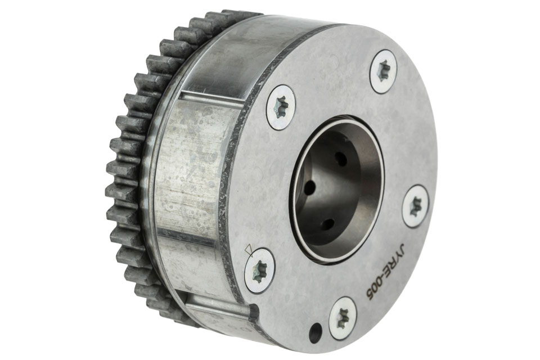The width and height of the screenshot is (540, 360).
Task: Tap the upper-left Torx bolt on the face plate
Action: tap(282, 107)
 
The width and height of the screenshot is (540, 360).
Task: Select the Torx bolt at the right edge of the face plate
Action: tap(417, 206)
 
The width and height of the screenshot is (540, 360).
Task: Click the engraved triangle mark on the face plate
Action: tap(248, 250)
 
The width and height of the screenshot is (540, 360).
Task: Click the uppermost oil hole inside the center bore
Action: tap(341, 159)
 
